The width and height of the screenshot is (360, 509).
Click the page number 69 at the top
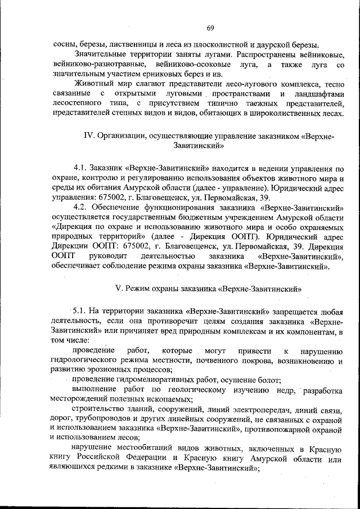pos(210,29)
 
